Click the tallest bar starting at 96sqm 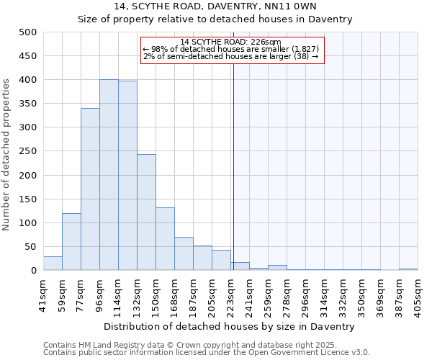coord(109,175)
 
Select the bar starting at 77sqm coord(90,189)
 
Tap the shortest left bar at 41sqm coord(53,264)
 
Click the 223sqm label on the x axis coord(231,292)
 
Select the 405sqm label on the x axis coord(418,292)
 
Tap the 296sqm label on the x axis coord(306,292)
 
